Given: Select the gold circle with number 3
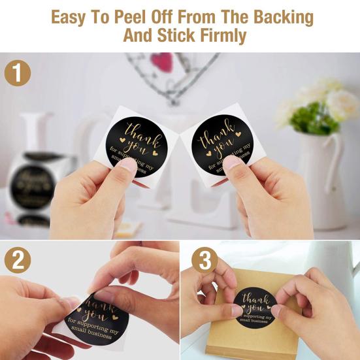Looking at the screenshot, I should point(205,262).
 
